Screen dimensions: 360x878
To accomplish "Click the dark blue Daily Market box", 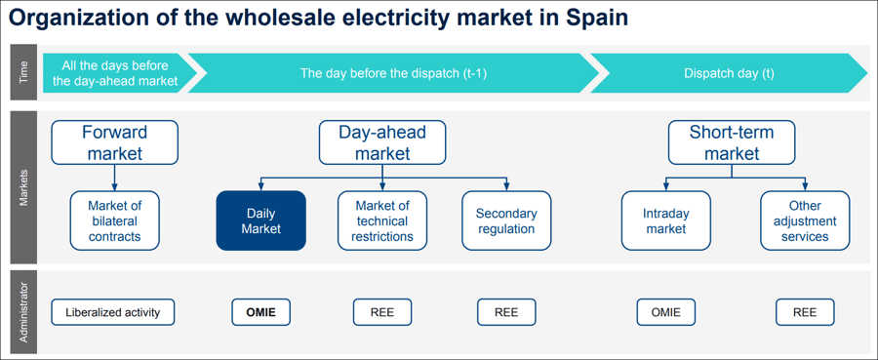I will tap(260, 220).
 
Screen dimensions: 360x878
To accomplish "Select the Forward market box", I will tap(114, 141).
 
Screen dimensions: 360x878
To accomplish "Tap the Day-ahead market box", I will tap(382, 141).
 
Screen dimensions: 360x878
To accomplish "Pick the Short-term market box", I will tap(731, 141).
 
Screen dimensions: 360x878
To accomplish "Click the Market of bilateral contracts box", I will tap(114, 220).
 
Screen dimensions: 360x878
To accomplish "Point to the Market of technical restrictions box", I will tap(382, 220).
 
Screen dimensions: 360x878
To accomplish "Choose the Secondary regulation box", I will tap(506, 220).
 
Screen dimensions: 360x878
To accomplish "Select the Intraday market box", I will tap(665, 220).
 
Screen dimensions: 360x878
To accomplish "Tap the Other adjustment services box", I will tap(805, 220).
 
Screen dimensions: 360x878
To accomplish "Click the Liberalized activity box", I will tap(113, 312).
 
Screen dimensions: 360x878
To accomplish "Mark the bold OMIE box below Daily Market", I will tap(260, 312).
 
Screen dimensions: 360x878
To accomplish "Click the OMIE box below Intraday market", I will tap(665, 312).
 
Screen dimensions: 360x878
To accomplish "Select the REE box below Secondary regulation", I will tap(506, 312).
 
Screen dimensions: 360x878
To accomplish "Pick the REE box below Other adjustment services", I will tap(805, 312).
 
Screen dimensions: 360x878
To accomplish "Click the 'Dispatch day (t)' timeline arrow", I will tap(729, 73).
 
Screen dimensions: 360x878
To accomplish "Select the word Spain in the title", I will tap(592, 19).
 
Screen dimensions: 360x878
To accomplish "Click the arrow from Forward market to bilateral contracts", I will tap(114, 177).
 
